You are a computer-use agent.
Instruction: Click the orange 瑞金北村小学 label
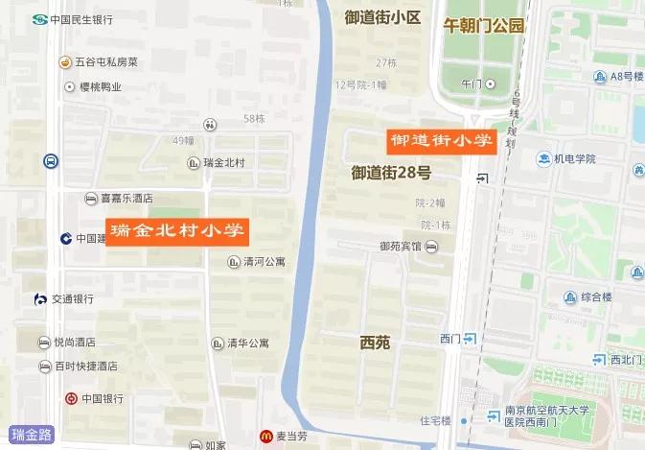[176, 231]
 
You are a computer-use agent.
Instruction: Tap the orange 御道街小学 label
[440, 140]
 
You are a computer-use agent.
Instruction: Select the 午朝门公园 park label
[483, 26]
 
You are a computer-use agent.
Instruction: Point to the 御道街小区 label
[383, 16]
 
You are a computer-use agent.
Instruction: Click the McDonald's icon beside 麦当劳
[266, 437]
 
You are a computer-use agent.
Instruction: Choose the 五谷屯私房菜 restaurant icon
[65, 63]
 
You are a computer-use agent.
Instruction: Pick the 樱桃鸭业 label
[99, 87]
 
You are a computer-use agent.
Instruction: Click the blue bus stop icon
[50, 161]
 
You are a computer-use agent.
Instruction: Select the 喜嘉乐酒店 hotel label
[127, 199]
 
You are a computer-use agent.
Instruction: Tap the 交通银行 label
[72, 299]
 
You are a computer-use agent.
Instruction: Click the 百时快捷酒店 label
[85, 367]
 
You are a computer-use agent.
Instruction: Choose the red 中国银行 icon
[71, 398]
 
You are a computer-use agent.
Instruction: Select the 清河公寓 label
[264, 261]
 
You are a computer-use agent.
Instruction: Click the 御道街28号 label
[391, 174]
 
